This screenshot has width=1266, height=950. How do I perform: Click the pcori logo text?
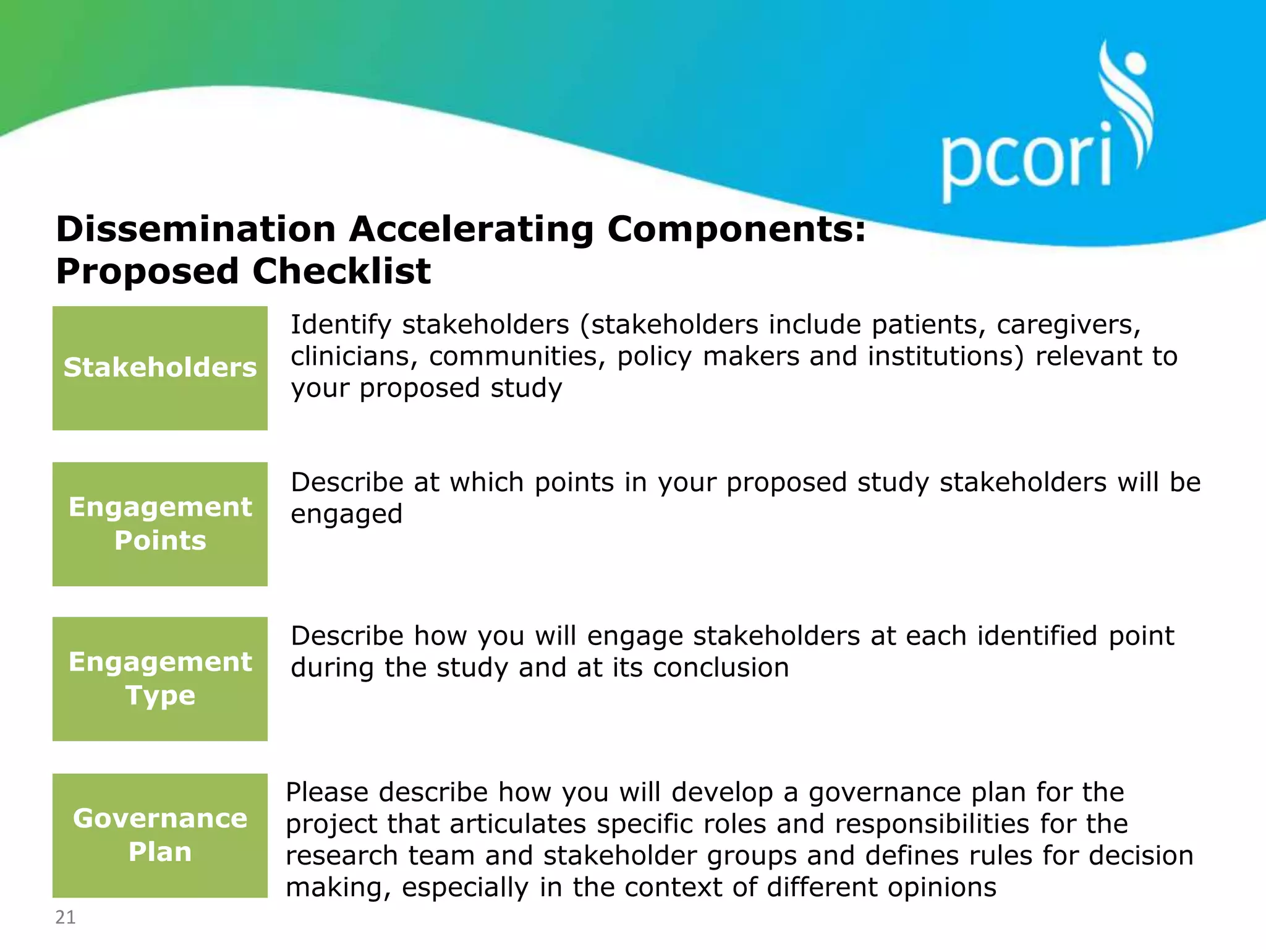(x=1026, y=160)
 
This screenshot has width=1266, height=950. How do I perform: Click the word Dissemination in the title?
(x=195, y=229)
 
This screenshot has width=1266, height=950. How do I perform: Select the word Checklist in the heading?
(x=341, y=272)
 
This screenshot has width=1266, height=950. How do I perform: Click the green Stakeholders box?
(x=160, y=368)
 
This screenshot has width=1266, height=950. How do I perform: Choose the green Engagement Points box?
(x=160, y=524)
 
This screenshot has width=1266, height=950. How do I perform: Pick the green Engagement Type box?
(x=160, y=678)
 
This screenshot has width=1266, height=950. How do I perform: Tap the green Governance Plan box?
(x=160, y=835)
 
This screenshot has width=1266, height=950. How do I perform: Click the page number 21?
(x=66, y=917)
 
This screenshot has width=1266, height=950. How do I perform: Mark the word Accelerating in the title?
(x=471, y=229)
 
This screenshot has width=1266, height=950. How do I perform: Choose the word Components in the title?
(x=736, y=229)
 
